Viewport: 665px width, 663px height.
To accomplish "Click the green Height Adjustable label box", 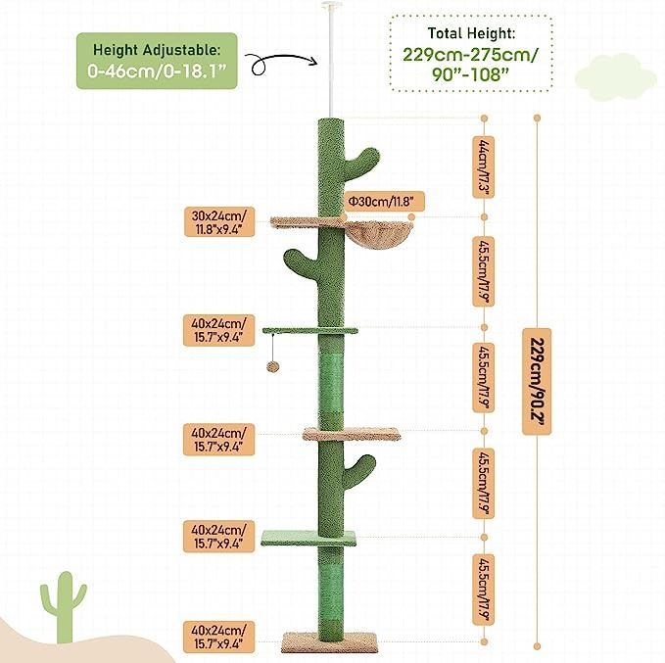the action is point(157,61).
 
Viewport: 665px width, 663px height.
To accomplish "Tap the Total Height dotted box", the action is point(471,53).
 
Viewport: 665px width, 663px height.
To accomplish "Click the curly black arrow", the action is point(281,64).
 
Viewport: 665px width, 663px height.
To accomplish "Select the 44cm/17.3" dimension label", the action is point(484,166).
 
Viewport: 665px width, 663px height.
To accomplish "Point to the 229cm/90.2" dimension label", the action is point(537,381).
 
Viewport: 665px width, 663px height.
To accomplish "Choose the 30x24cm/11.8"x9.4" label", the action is point(219,222).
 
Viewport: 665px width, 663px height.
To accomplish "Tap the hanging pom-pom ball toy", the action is point(270,367).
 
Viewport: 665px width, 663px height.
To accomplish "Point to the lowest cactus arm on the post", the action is point(358,470).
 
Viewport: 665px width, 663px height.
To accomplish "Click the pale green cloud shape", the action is point(616,76).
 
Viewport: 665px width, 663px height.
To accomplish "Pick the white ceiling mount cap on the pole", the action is point(331,5).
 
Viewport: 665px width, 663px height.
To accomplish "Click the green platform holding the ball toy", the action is point(310,330).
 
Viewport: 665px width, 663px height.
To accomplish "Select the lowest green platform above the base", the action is point(309,538).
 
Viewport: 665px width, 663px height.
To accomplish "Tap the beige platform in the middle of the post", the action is point(352,434).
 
